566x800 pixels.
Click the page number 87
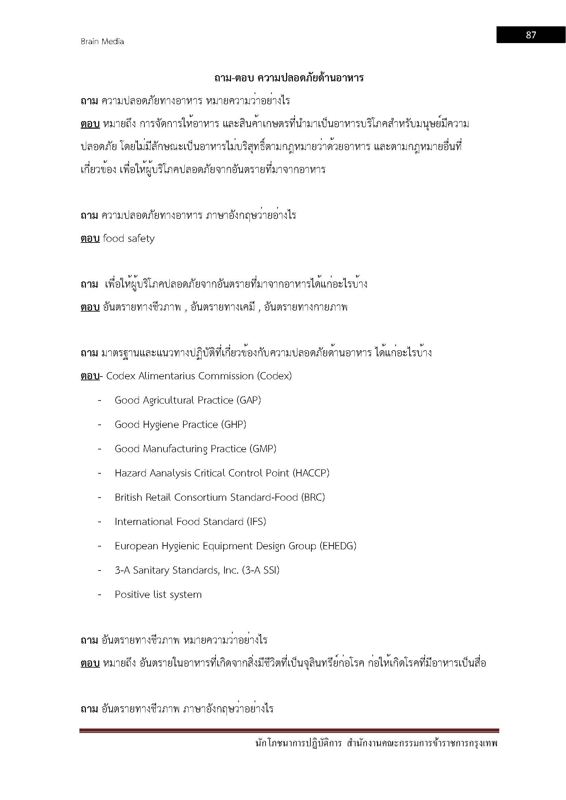530,35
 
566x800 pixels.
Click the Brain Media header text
102,41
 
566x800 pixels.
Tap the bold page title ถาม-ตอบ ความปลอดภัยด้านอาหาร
289,78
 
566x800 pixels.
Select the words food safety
129,239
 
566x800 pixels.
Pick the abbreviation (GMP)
263,449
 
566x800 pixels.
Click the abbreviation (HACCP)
311,473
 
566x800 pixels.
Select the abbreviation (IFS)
256,522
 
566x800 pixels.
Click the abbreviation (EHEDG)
338,546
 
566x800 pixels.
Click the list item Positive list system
158,595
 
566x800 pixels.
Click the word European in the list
137,546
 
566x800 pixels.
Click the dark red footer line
289,731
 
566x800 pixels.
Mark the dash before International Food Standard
100,522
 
